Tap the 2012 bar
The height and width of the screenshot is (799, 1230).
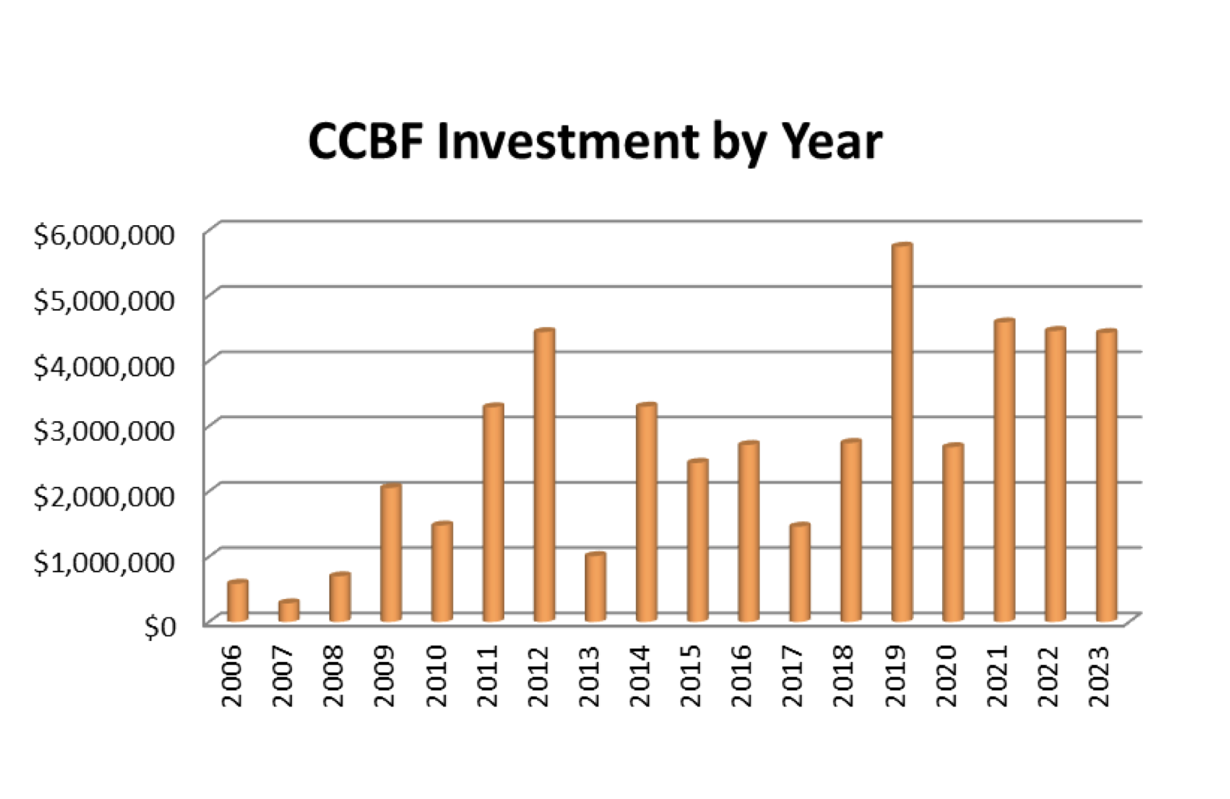(543, 475)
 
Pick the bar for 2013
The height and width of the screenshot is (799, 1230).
(595, 587)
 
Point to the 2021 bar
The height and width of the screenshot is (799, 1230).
(1004, 470)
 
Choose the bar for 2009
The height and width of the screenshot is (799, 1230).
(390, 553)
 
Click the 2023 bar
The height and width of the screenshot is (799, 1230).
(1106, 476)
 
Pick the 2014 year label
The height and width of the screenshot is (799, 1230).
(641, 675)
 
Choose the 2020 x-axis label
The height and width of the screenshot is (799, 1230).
(948, 675)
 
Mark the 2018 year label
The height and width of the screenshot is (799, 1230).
(846, 675)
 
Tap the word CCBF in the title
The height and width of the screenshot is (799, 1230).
(367, 143)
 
